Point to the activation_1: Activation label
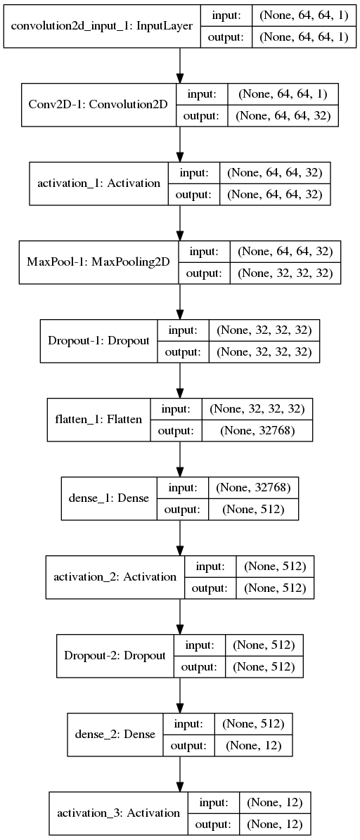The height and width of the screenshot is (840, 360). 98,183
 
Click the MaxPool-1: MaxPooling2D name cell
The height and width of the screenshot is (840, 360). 99,263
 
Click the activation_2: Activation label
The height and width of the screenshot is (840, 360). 115,576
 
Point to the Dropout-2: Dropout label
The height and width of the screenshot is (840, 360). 115,655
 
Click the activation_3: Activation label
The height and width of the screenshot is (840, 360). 118,813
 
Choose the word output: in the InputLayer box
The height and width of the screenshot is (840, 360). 226,38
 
